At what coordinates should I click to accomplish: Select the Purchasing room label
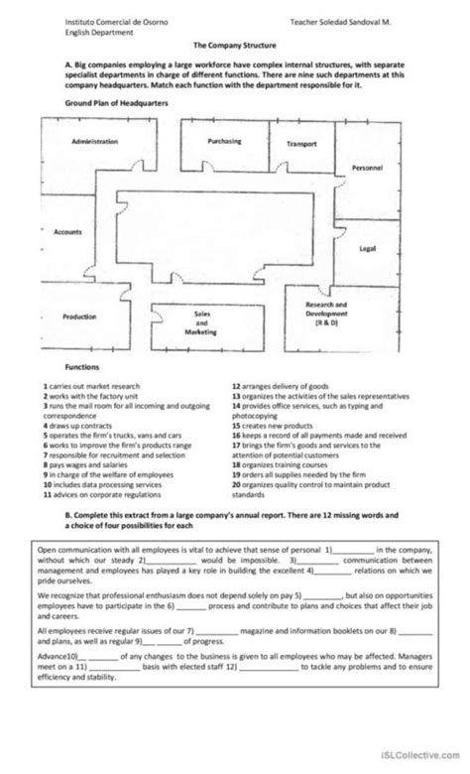pyautogui.click(x=224, y=141)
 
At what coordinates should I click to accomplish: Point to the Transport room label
pyautogui.click(x=301, y=144)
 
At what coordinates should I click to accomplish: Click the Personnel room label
pyautogui.click(x=367, y=168)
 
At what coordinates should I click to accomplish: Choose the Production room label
pyautogui.click(x=79, y=317)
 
